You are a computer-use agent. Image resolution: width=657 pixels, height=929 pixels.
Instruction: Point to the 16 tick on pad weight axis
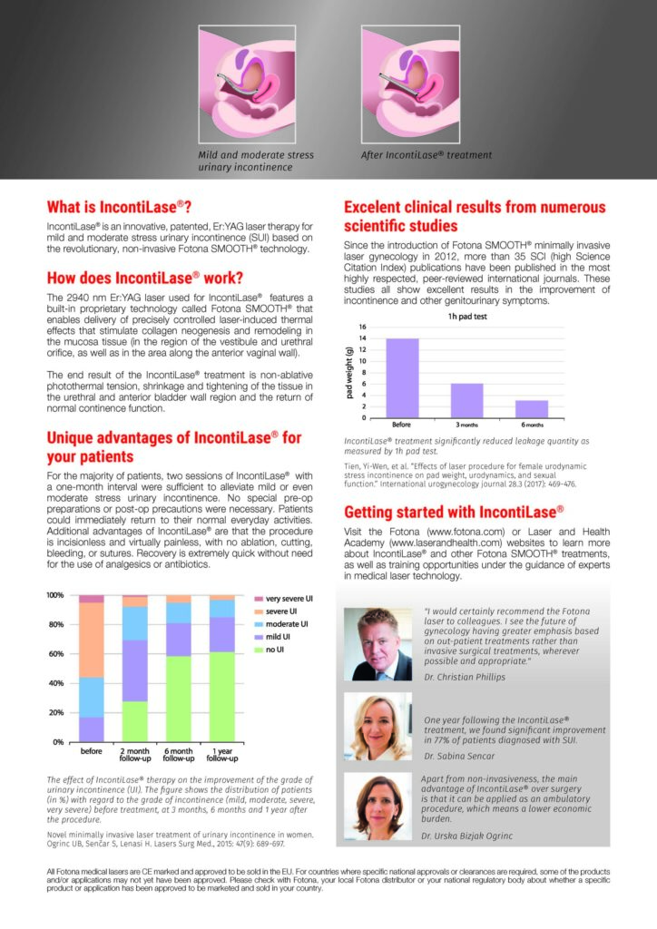(364, 327)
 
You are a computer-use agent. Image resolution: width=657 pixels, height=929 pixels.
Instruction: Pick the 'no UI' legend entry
(276, 650)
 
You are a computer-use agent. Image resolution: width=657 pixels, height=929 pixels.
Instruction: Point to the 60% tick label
(57, 654)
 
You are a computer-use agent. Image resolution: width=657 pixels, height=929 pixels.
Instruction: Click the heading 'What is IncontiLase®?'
(119, 205)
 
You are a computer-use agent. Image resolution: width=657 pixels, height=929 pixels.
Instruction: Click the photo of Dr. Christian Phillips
(378, 644)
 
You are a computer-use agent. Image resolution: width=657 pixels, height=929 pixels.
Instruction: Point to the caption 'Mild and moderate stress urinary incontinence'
(256, 161)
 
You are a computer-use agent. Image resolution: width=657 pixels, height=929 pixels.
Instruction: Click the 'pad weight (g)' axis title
(349, 372)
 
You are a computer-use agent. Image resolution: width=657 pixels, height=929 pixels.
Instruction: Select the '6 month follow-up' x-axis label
(177, 755)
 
